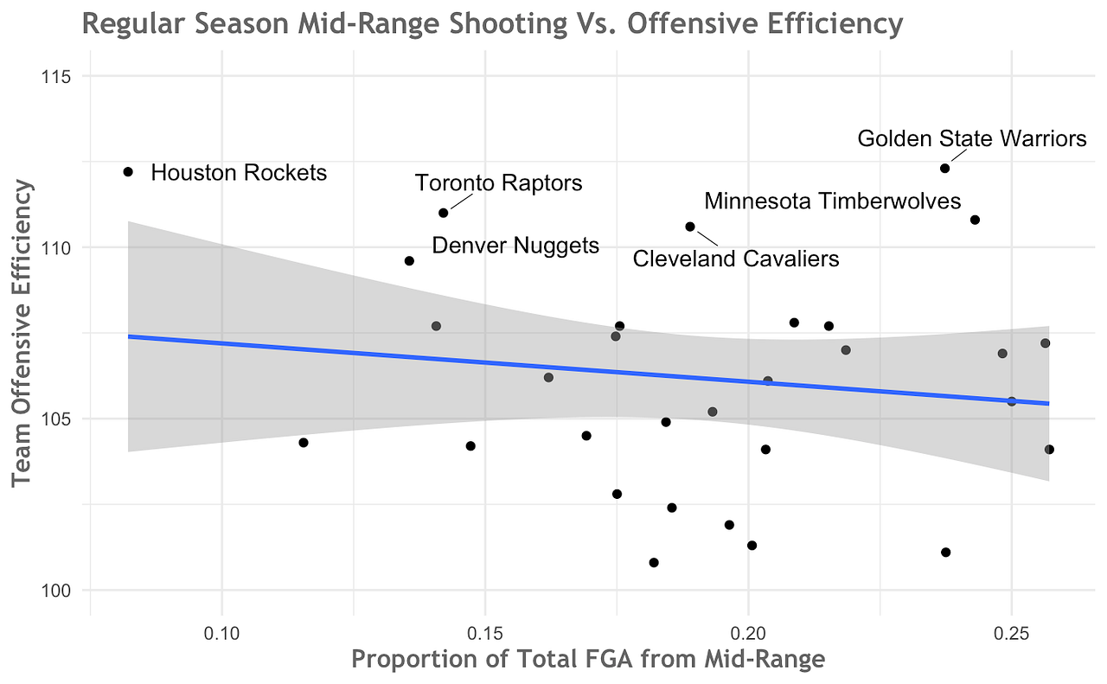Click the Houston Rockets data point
point(128,171)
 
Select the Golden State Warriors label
point(971,138)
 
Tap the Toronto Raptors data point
point(443,213)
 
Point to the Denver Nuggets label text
point(515,246)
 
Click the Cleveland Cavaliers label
point(736,259)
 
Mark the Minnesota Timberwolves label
point(832,201)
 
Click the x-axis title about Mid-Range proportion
point(588,661)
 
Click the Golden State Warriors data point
point(944,168)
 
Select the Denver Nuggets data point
point(409,260)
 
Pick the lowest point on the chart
point(653,562)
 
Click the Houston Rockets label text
point(239,172)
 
